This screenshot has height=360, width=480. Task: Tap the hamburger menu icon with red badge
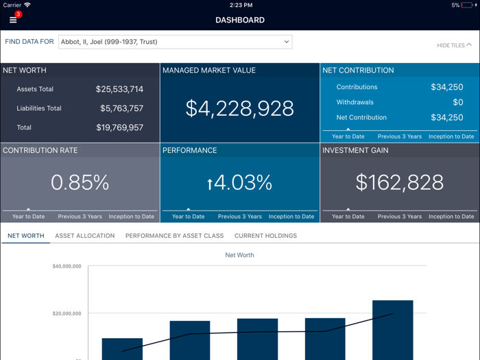pyautogui.click(x=13, y=19)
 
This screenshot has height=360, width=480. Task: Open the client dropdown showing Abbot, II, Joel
pyautogui.click(x=175, y=42)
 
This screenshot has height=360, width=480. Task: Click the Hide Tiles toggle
pyautogui.click(x=454, y=45)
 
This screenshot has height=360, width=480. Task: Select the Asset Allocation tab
pyautogui.click(x=85, y=236)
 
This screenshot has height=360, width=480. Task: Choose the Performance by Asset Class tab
pyautogui.click(x=174, y=236)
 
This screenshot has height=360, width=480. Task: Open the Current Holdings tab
pyautogui.click(x=265, y=236)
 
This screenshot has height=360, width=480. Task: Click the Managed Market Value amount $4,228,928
pyautogui.click(x=239, y=108)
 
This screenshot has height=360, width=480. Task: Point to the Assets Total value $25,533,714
pyautogui.click(x=119, y=89)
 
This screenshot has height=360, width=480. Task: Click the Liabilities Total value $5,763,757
pyautogui.click(x=121, y=108)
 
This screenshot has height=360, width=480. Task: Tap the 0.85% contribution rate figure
pyautogui.click(x=80, y=182)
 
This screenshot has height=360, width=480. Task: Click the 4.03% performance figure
pyautogui.click(x=239, y=182)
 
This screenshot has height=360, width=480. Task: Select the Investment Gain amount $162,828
pyautogui.click(x=399, y=182)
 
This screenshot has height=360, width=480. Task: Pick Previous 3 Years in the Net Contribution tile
pyautogui.click(x=399, y=136)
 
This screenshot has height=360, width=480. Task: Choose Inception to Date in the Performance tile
pyautogui.click(x=291, y=217)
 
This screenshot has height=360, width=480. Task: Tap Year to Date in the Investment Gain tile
pyautogui.click(x=348, y=217)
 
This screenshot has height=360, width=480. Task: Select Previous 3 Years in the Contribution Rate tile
pyautogui.click(x=80, y=217)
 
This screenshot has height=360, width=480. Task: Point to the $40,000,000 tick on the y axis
pyautogui.click(x=67, y=266)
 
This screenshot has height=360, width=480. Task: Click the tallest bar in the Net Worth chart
pyautogui.click(x=393, y=329)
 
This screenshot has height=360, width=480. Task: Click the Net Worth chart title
pyautogui.click(x=239, y=255)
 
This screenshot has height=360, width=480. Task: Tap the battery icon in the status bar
pyautogui.click(x=468, y=5)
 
